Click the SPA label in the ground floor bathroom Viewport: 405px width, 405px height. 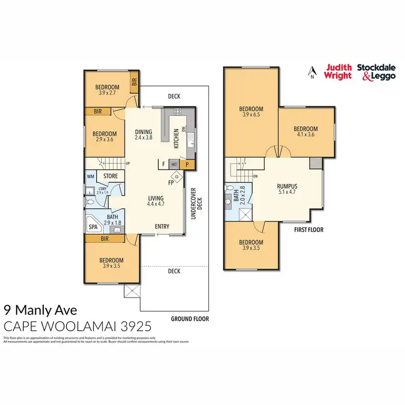93,228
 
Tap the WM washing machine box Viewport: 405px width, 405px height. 91,176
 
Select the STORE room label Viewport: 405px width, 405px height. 111,175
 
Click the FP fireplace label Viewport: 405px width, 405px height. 171,183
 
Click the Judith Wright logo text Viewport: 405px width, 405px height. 337,72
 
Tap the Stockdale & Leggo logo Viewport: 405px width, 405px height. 376,72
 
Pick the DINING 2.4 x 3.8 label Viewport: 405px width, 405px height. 144,134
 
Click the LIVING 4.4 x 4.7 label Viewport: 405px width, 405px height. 156,201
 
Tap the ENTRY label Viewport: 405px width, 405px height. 163,226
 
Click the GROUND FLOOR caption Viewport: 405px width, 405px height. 189,319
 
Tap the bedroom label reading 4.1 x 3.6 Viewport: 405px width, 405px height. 305,132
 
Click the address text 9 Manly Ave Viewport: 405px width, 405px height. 40,310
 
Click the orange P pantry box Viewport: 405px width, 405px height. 187,164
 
